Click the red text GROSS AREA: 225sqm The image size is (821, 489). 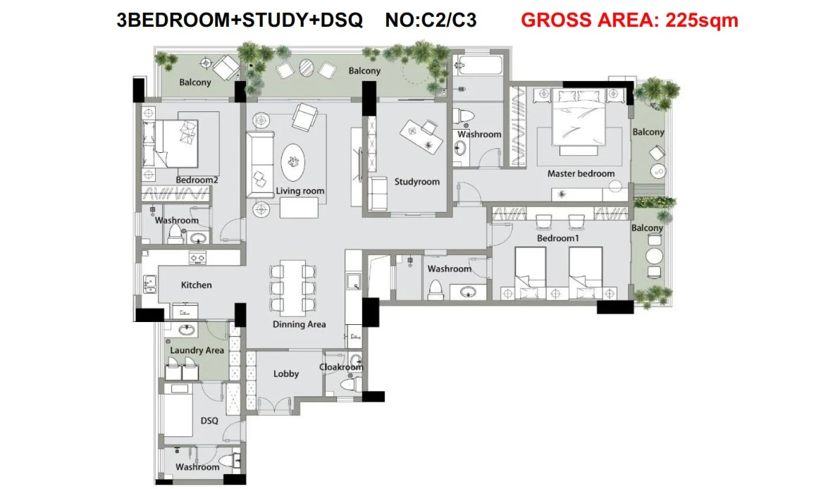tap(629, 20)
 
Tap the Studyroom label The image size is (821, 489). tap(416, 182)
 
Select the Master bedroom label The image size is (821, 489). tap(581, 173)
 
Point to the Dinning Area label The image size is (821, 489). tap(299, 324)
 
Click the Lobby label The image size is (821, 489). tap(286, 374)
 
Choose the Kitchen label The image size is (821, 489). tap(197, 285)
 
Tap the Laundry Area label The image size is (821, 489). tap(197, 350)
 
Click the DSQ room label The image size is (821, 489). tap(209, 421)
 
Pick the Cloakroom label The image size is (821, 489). tap(341, 367)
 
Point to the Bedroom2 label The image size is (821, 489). tap(197, 180)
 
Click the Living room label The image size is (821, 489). tap(300, 191)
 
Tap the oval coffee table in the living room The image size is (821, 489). tap(292, 163)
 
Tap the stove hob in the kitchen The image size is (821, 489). tap(198, 258)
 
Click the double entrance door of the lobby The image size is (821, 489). tap(274, 406)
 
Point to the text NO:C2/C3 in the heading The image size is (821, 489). tap(431, 20)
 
